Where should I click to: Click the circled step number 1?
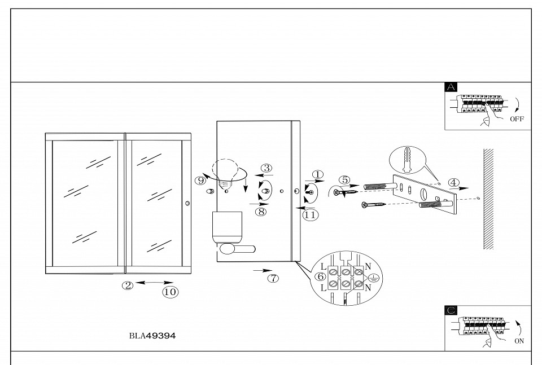[x=318, y=175]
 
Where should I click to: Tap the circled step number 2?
[x=128, y=285]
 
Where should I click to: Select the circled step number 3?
[x=266, y=168]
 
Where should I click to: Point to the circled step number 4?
[x=453, y=183]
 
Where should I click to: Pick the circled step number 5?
[x=344, y=180]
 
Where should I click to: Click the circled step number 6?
[x=320, y=276]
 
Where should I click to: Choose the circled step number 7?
[x=273, y=278]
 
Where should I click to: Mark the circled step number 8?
[x=260, y=212]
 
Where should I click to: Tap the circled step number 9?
[x=201, y=181]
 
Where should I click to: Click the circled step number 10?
[x=170, y=292]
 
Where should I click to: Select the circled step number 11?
[x=310, y=214]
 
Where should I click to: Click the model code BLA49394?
[x=152, y=336]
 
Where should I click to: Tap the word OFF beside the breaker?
[x=517, y=120]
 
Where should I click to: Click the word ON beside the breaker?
[x=519, y=341]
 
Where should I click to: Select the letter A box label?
[x=451, y=87]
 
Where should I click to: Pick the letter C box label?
[x=451, y=310]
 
